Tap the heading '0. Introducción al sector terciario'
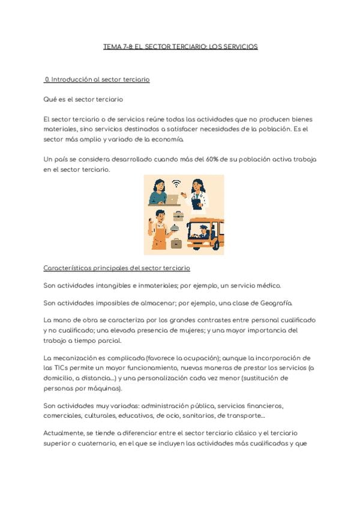[97, 79]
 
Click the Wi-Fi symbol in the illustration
[176, 184]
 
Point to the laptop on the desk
[172, 199]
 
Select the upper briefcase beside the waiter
[178, 215]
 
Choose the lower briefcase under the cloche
[176, 243]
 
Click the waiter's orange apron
[159, 239]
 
